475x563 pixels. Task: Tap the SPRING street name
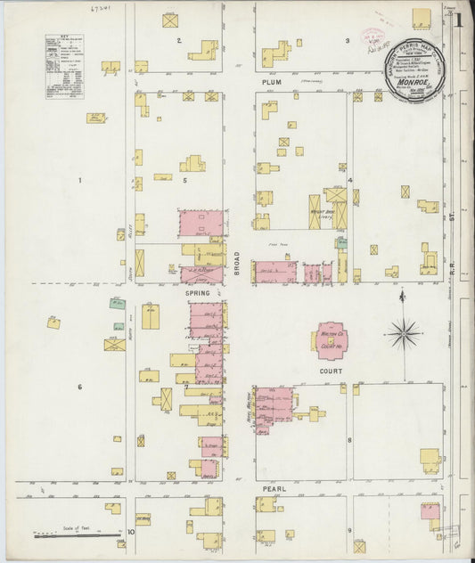coord(196,292)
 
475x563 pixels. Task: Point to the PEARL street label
coord(273,488)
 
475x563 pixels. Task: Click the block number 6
coord(80,387)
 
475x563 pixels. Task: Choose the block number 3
coord(348,41)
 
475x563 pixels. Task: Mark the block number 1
coord(79,181)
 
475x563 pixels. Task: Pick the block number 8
coord(350,440)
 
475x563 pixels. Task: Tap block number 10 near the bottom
coord(130,532)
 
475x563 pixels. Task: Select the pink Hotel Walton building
coord(274,404)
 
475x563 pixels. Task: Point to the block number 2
coord(179,41)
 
